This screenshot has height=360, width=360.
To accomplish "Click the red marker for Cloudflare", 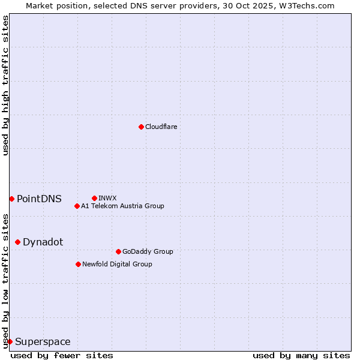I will tap(141, 127).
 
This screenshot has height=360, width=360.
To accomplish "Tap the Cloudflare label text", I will tap(161, 127).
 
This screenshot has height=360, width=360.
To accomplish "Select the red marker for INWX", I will tap(94, 198).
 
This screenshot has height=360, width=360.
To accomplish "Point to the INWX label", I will tap(107, 198).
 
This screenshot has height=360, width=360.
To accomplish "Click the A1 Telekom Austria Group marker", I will tap(77, 206).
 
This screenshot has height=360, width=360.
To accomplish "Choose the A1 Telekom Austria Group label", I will tap(122, 206).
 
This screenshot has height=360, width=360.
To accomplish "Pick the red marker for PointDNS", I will tap(11, 199).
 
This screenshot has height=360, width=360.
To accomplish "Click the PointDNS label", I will tap(39, 199).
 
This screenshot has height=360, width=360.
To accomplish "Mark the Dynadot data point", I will tap(17, 242).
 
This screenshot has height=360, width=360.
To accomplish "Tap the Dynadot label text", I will tap(43, 242).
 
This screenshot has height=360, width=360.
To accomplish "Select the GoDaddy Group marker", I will tap(118, 251).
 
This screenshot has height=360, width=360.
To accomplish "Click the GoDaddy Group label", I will tap(148, 251).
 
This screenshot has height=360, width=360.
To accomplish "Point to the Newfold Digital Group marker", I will tap(78, 264).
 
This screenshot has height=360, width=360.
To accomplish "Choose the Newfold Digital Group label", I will tap(117, 264).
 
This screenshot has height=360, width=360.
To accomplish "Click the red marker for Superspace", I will tap(10, 341).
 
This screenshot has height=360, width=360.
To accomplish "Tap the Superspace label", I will tap(43, 342).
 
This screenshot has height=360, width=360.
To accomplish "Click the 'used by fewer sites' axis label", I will tap(62, 355).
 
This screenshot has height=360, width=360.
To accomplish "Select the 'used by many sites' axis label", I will tap(301, 355).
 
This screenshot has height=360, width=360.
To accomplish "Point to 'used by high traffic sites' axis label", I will tap(5, 85).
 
